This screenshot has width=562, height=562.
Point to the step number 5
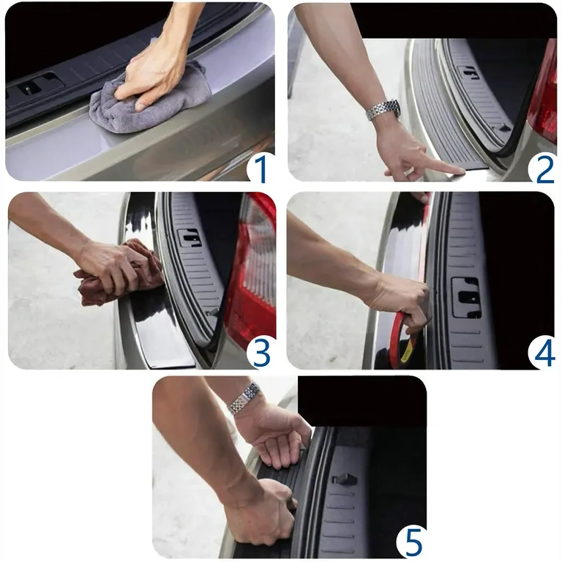point(413,543)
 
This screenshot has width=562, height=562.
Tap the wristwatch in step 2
point(383,110)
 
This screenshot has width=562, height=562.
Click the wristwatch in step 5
point(244,399)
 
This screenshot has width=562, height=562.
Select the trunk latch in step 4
point(465,297)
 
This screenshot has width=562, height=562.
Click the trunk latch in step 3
point(189,237)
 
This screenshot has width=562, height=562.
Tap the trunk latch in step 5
point(344,479)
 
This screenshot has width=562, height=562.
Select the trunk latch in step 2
point(469,71)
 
